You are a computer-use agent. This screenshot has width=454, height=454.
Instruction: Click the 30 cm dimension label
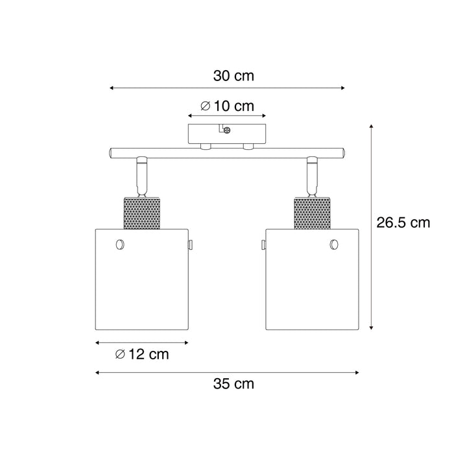tap(233, 76)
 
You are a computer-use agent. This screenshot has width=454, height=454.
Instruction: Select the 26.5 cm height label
tap(403, 223)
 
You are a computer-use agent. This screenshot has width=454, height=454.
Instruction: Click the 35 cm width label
tap(233, 383)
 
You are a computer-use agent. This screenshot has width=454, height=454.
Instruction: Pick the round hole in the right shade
tap(333, 244)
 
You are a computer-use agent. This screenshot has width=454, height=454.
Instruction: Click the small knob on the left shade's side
tap(193, 244)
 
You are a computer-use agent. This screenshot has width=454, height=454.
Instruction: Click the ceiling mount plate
tap(226, 134)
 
